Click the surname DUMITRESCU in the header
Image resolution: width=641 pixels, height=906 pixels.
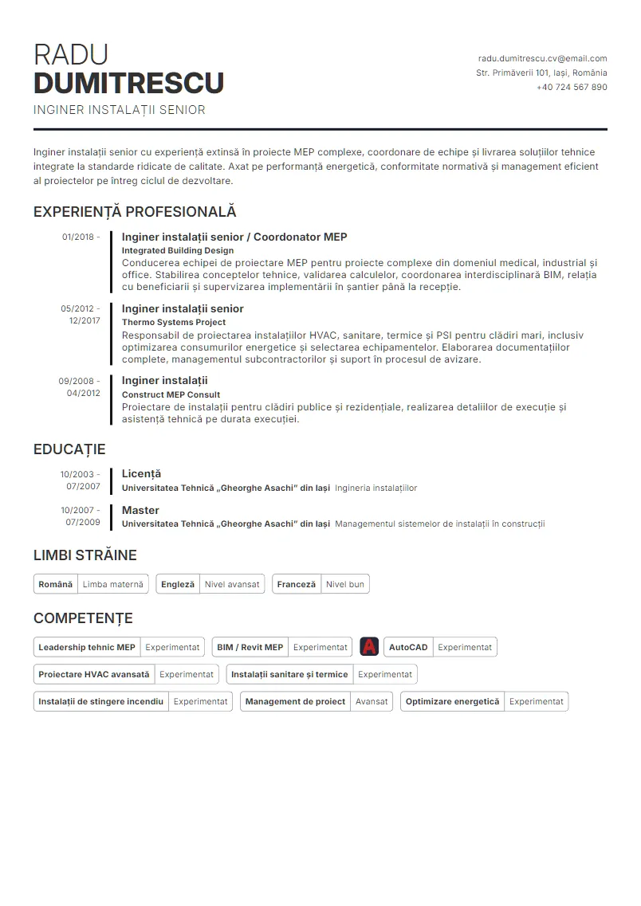tap(128, 83)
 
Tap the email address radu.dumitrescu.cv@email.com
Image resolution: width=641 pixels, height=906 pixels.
tap(542, 58)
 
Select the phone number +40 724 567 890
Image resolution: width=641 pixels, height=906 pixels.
tap(572, 87)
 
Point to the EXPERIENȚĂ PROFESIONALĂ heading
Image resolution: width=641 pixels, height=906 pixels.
tap(135, 212)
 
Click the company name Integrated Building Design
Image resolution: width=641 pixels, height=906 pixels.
tap(177, 250)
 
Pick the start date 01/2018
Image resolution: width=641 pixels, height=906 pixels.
tap(78, 237)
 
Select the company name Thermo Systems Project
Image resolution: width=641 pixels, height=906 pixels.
tap(173, 322)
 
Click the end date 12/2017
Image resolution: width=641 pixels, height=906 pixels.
tap(85, 320)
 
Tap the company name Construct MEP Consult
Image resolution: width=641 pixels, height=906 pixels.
tap(171, 394)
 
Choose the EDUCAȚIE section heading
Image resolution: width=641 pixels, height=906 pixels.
tap(69, 449)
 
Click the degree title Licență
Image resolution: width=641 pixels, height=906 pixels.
tap(141, 473)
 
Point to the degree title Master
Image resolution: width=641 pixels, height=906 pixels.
tap(140, 510)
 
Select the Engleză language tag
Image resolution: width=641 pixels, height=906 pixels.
tap(177, 584)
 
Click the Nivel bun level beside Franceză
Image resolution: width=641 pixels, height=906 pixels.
tap(345, 584)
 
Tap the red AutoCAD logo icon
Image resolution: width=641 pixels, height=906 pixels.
tap(369, 647)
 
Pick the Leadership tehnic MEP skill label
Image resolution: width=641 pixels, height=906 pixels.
tap(87, 647)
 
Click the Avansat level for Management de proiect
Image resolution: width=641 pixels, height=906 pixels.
tap(372, 701)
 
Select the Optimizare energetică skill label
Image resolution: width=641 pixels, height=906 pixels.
tap(452, 701)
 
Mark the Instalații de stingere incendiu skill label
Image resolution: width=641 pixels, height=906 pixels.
tap(100, 701)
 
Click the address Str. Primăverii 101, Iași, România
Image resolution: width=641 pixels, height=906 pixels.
tap(541, 73)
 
